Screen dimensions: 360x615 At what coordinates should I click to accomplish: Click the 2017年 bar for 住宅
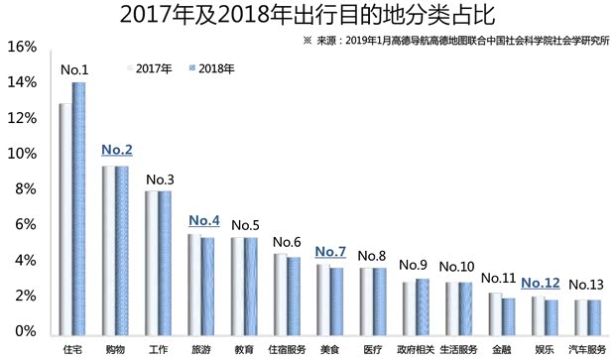point(65,216)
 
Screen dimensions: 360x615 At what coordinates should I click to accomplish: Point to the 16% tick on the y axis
point(22,48)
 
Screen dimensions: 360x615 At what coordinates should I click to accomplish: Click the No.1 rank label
point(74,69)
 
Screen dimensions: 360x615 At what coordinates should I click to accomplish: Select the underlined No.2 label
point(117,150)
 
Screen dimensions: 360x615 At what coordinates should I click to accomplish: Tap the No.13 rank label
point(590,284)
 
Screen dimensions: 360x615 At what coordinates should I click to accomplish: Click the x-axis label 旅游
point(200,349)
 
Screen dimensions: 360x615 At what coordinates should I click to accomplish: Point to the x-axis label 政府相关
point(416,349)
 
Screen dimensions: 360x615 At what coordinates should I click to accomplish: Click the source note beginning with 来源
point(456,43)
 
